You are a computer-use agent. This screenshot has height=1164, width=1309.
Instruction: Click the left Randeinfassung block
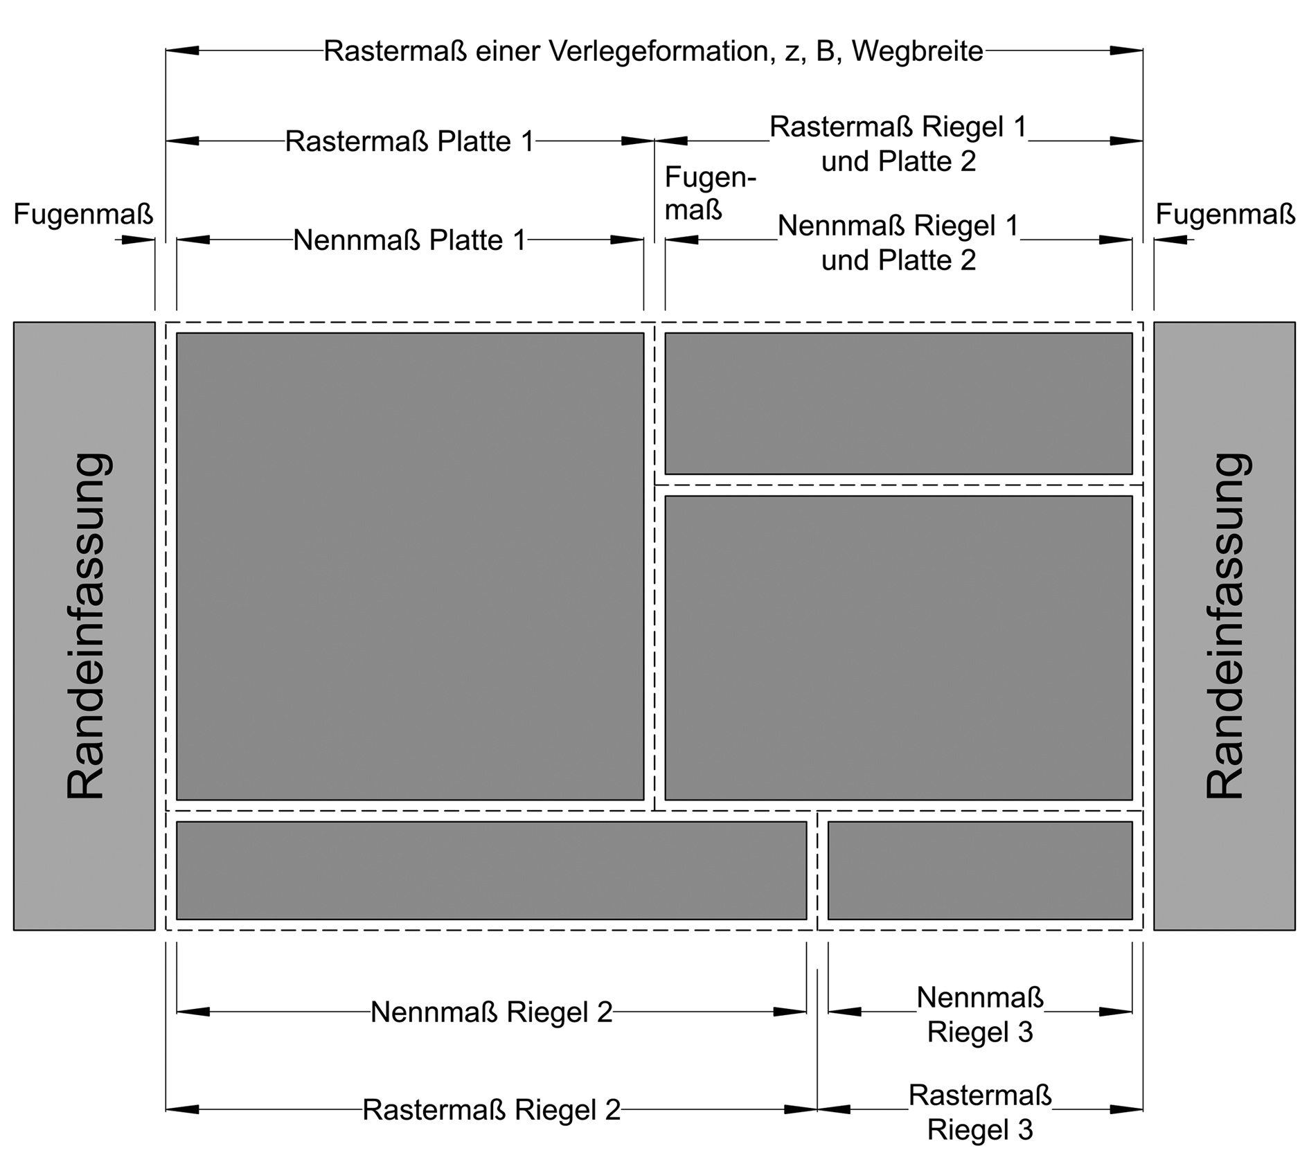tap(84, 626)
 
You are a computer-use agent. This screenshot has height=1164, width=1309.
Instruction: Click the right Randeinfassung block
tap(1224, 626)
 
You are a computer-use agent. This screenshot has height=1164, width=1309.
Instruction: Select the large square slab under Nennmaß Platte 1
tap(410, 566)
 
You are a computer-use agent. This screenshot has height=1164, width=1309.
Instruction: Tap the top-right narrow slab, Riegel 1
tap(898, 404)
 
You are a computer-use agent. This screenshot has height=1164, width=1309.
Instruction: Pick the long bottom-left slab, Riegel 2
tap(492, 870)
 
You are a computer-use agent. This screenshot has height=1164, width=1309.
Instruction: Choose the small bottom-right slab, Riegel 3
tap(980, 870)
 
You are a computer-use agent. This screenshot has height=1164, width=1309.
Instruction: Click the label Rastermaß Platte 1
tap(410, 141)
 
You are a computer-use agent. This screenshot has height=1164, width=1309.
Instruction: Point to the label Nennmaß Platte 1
tap(410, 240)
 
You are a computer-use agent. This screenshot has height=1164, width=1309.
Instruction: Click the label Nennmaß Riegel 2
tap(492, 1012)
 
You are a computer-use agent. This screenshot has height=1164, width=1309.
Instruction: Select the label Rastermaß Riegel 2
tap(492, 1110)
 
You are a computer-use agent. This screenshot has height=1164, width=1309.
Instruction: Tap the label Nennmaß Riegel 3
tap(980, 1014)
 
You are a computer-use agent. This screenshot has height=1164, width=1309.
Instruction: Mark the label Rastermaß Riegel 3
tap(980, 1112)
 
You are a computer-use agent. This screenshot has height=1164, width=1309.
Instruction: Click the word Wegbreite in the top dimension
tap(918, 51)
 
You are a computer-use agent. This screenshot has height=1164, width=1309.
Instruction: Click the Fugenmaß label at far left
tap(83, 215)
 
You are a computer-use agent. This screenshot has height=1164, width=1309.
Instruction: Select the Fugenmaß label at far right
tap(1225, 215)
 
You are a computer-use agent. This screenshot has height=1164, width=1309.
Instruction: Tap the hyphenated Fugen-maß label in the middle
tap(711, 193)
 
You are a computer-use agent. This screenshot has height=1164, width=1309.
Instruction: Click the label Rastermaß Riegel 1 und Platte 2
tap(898, 144)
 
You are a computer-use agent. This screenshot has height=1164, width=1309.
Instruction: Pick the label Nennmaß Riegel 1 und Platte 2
tap(898, 243)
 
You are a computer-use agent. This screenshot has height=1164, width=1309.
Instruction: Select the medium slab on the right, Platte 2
tap(898, 648)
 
